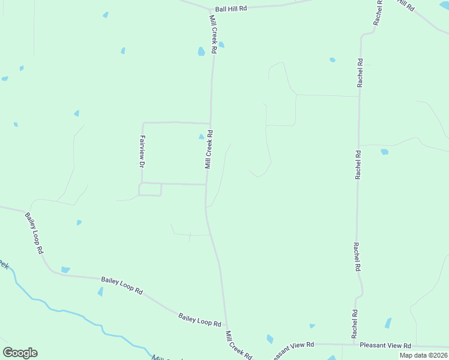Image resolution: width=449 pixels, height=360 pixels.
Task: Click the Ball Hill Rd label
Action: pos(231,9)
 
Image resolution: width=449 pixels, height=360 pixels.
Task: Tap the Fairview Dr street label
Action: pos(142,151)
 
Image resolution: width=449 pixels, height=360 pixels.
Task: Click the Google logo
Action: pos(20,353)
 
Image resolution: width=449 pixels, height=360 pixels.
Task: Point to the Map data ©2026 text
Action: pos(424,355)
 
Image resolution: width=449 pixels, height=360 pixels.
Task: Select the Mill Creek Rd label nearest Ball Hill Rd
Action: pos(212,35)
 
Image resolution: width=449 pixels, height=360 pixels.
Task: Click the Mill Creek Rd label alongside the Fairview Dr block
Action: pos(208,149)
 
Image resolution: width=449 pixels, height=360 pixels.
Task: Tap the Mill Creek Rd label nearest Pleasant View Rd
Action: pos(238,344)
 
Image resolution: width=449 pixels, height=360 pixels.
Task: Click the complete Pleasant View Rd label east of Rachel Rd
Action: pos(385,346)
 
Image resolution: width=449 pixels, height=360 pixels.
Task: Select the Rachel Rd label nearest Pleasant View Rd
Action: pos(355,323)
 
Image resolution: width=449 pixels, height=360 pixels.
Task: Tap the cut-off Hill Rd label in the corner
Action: pos(406,5)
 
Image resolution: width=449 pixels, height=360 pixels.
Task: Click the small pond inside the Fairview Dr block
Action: pos(202,137)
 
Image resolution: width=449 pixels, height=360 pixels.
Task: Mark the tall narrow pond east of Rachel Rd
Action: pos(388,323)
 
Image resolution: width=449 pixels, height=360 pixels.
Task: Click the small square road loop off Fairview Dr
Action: pos(150,190)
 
